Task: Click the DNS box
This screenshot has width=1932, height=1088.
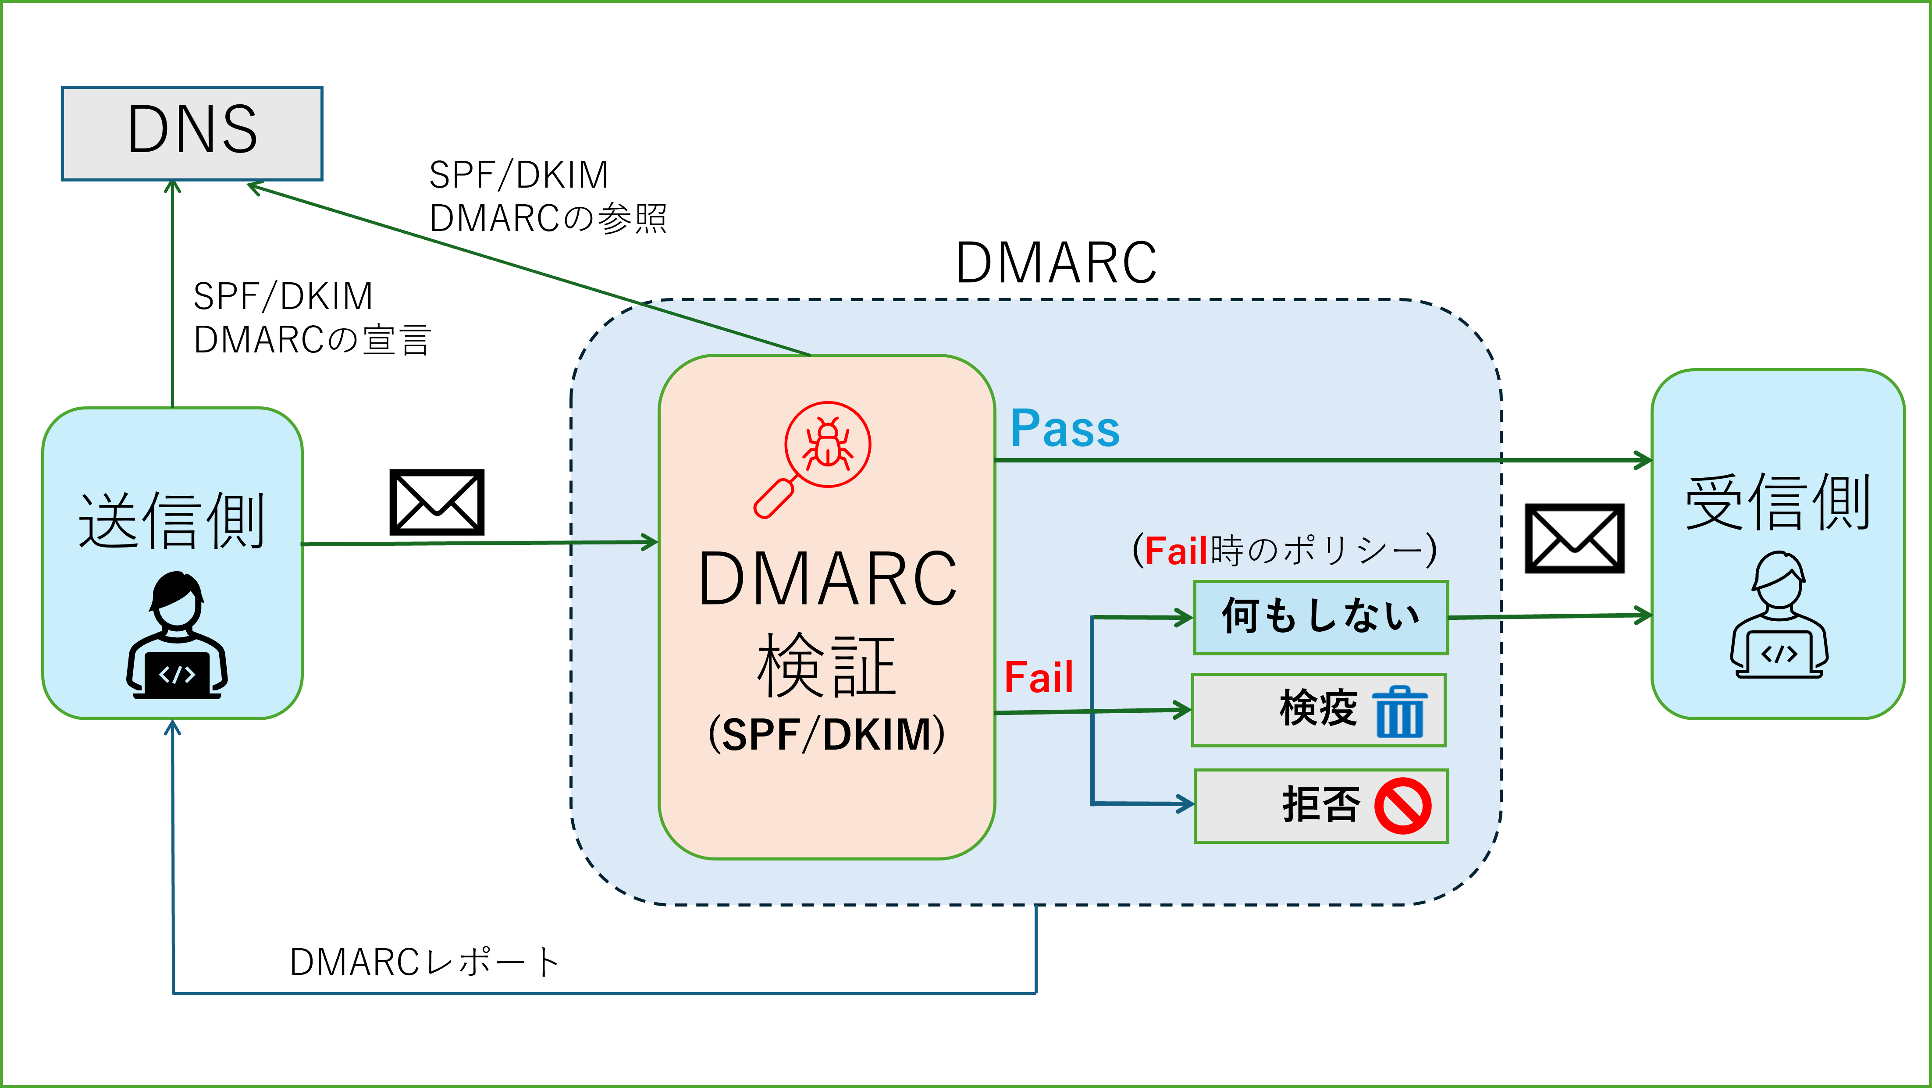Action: coord(192,133)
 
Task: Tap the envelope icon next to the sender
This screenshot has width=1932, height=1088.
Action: coord(437,502)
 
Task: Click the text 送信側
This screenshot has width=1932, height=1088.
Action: coord(172,521)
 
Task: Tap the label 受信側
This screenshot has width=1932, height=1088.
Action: coord(1778,502)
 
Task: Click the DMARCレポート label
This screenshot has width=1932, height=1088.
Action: coord(424,963)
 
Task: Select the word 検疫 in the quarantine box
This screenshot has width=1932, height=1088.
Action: coord(1318,708)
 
